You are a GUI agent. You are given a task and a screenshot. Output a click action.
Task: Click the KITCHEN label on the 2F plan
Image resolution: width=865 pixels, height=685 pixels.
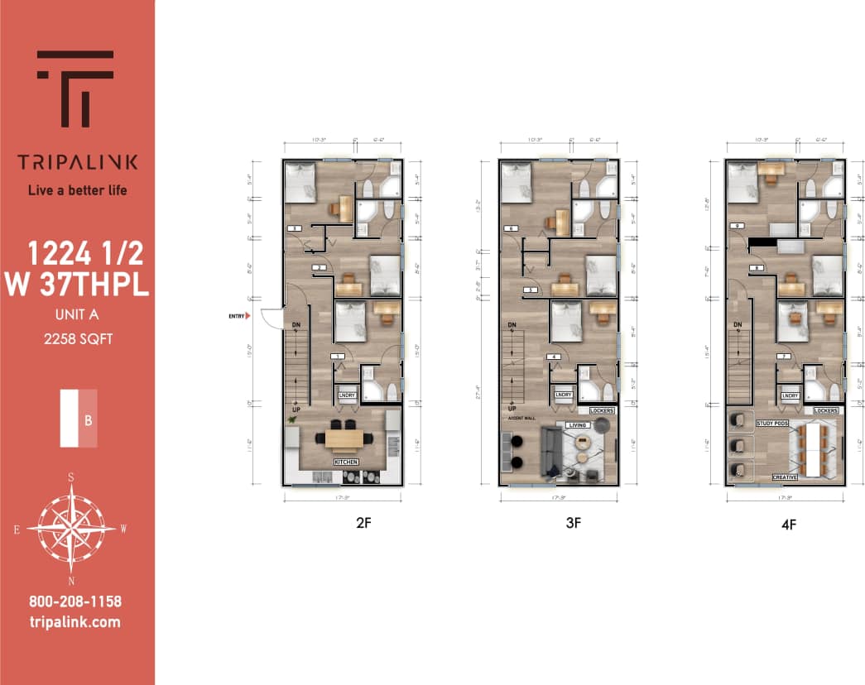[345, 461]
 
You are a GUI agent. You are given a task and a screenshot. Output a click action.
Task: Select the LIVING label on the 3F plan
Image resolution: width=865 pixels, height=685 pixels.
[576, 425]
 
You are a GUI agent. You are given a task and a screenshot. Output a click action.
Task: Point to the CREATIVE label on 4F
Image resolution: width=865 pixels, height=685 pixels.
[785, 477]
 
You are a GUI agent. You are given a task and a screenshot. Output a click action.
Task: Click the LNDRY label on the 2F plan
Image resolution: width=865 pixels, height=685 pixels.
[346, 395]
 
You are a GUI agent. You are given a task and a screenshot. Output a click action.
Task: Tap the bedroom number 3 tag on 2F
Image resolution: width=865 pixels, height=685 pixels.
[338, 357]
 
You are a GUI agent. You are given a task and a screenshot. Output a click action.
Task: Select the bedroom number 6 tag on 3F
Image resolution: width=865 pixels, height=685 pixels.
[510, 228]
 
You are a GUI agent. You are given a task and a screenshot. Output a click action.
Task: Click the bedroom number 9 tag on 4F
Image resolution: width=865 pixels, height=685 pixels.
[734, 226]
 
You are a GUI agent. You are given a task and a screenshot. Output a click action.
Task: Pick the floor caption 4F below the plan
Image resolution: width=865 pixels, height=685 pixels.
[786, 525]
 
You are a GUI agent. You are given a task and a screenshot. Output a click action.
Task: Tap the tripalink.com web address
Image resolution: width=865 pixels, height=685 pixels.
[74, 622]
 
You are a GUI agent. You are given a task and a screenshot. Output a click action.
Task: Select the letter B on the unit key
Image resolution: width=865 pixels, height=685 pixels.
[88, 419]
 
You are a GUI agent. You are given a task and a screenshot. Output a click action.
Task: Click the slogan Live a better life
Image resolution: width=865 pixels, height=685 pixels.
[77, 189]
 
